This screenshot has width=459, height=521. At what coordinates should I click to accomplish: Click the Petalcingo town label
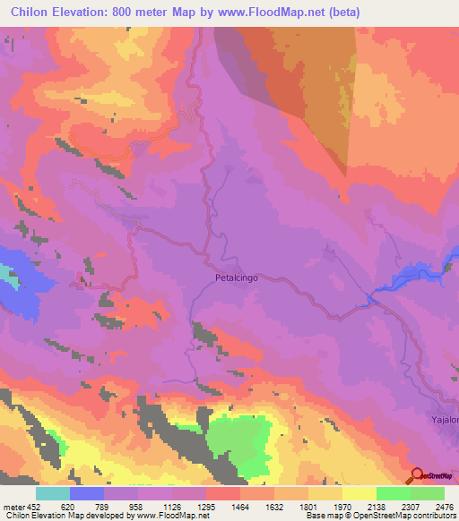click(237, 278)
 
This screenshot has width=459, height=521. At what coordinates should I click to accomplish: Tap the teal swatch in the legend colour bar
click(52, 492)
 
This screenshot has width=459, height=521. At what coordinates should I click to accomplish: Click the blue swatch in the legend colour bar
click(86, 492)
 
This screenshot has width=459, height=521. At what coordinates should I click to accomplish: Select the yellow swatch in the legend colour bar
click(359, 492)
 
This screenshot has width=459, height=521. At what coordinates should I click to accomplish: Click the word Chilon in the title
click(32, 11)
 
